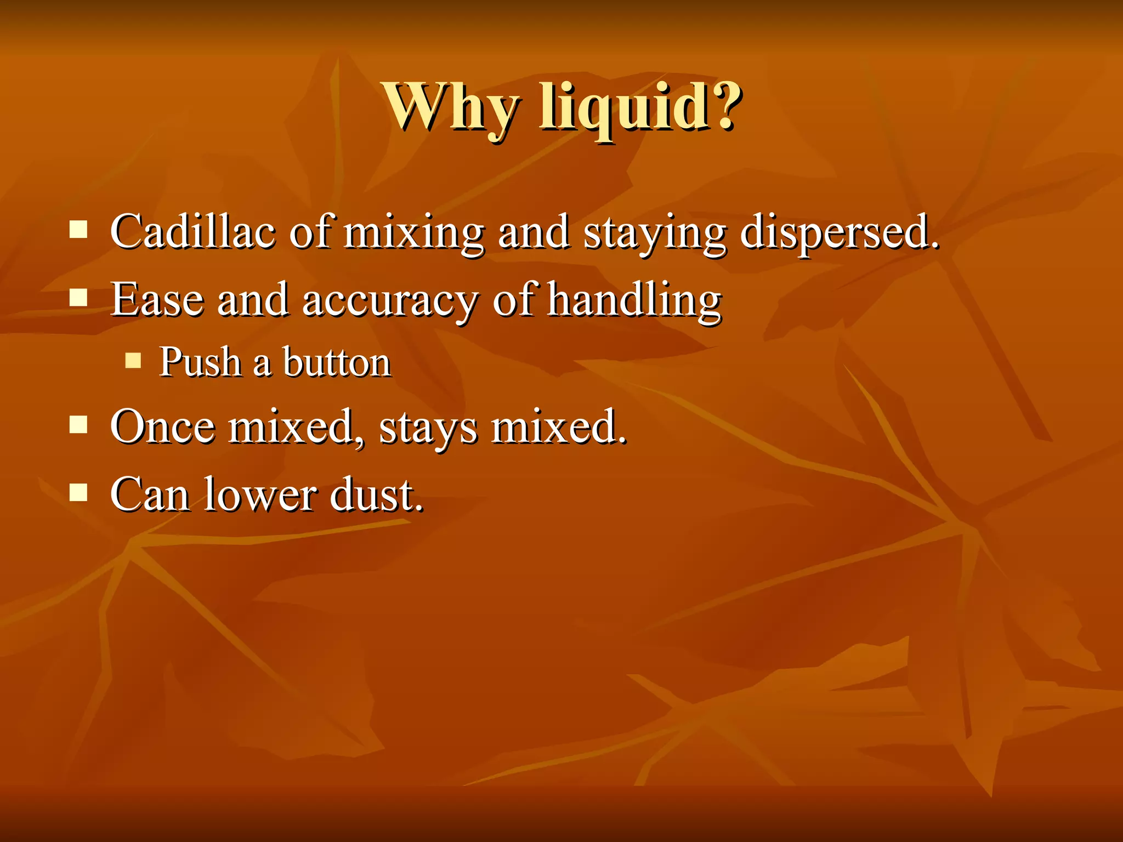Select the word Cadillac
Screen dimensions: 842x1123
pyautogui.click(x=192, y=232)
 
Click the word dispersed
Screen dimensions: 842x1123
pyautogui.click(x=839, y=232)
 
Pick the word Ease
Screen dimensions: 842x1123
pyautogui.click(x=157, y=300)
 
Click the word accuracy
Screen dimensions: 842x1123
pyautogui.click(x=390, y=301)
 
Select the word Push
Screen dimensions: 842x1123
pyautogui.click(x=200, y=362)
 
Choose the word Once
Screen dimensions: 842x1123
pyautogui.click(x=162, y=426)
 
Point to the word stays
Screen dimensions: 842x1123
pyautogui.click(x=428, y=428)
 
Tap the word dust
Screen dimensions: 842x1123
pyautogui.click(x=376, y=494)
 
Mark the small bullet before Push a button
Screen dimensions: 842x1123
pyautogui.click(x=133, y=360)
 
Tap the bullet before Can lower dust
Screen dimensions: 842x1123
pyautogui.click(x=79, y=492)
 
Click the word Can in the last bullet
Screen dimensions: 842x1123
pyautogui.click(x=150, y=494)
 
